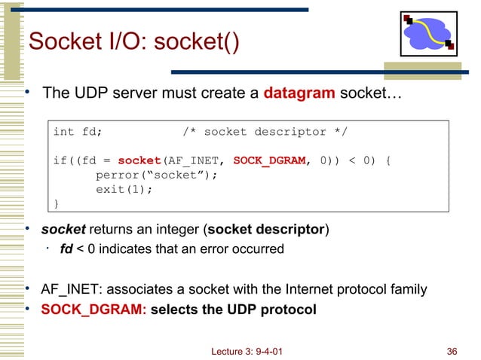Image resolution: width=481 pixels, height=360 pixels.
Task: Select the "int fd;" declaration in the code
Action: point(78,133)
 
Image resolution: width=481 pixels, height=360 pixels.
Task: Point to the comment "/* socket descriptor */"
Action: point(265,133)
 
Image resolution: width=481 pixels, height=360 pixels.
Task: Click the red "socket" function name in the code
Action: point(139,160)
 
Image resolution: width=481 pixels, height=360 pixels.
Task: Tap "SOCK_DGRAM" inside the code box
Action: point(269,160)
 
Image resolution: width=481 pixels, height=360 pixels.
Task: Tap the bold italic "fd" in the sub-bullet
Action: point(66,249)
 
